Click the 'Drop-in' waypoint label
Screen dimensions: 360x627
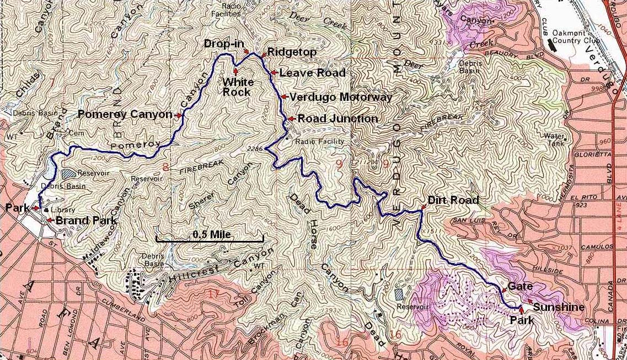pyautogui.click(x=224, y=44)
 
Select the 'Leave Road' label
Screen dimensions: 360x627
pyautogui.click(x=312, y=73)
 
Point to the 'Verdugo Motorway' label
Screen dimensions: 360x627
pyautogui.click(x=341, y=97)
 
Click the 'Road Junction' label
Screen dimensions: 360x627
pyautogui.click(x=337, y=119)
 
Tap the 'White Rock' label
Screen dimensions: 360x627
pyautogui.click(x=238, y=87)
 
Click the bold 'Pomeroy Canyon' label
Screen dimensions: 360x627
pyautogui.click(x=125, y=115)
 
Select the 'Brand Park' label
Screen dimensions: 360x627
pyautogui.click(x=86, y=221)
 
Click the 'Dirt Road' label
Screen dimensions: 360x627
pyautogui.click(x=453, y=200)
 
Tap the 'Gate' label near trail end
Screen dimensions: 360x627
pyautogui.click(x=520, y=286)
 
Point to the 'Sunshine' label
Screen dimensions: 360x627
pyautogui.click(x=559, y=307)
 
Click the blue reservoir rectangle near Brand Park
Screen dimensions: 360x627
pyautogui.click(x=68, y=174)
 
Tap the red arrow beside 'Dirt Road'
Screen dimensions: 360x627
pyautogui.click(x=423, y=207)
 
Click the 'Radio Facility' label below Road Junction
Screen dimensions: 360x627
pyautogui.click(x=319, y=142)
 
